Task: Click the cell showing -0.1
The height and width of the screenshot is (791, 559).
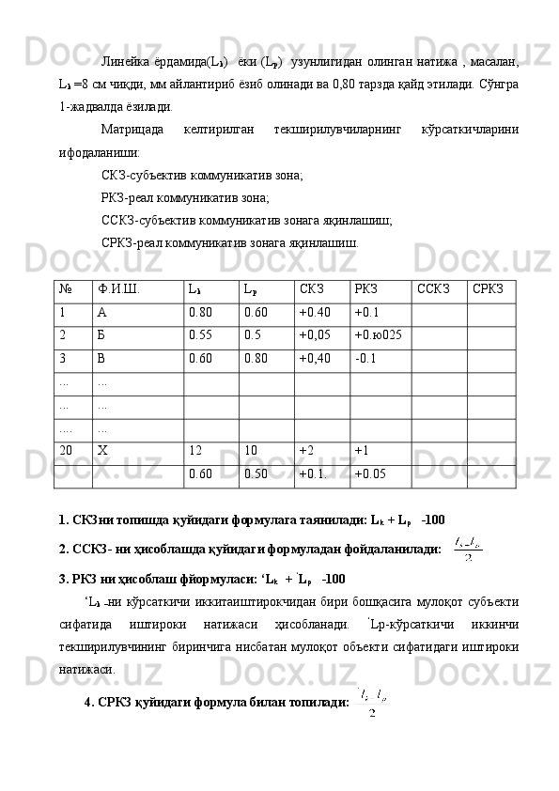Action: pyautogui.click(x=365, y=358)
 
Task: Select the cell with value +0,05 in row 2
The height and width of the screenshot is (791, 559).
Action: pyautogui.click(x=315, y=334)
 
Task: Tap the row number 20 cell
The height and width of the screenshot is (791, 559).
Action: pyautogui.click(x=65, y=450)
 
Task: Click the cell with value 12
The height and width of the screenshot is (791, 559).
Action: pyautogui.click(x=196, y=450)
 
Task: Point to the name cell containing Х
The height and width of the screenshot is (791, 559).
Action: pyautogui.click(x=102, y=450)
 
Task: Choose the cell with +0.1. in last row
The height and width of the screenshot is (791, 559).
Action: pyautogui.click(x=314, y=473)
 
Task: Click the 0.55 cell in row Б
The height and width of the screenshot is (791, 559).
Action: pyautogui.click(x=199, y=334)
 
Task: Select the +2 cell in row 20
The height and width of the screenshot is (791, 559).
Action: pyautogui.click(x=307, y=450)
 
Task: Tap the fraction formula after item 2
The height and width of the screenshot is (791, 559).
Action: pyautogui.click(x=466, y=548)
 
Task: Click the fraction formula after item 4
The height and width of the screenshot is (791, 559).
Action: pyautogui.click(x=374, y=702)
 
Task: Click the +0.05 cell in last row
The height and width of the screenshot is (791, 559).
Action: pyautogui.click(x=371, y=473)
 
